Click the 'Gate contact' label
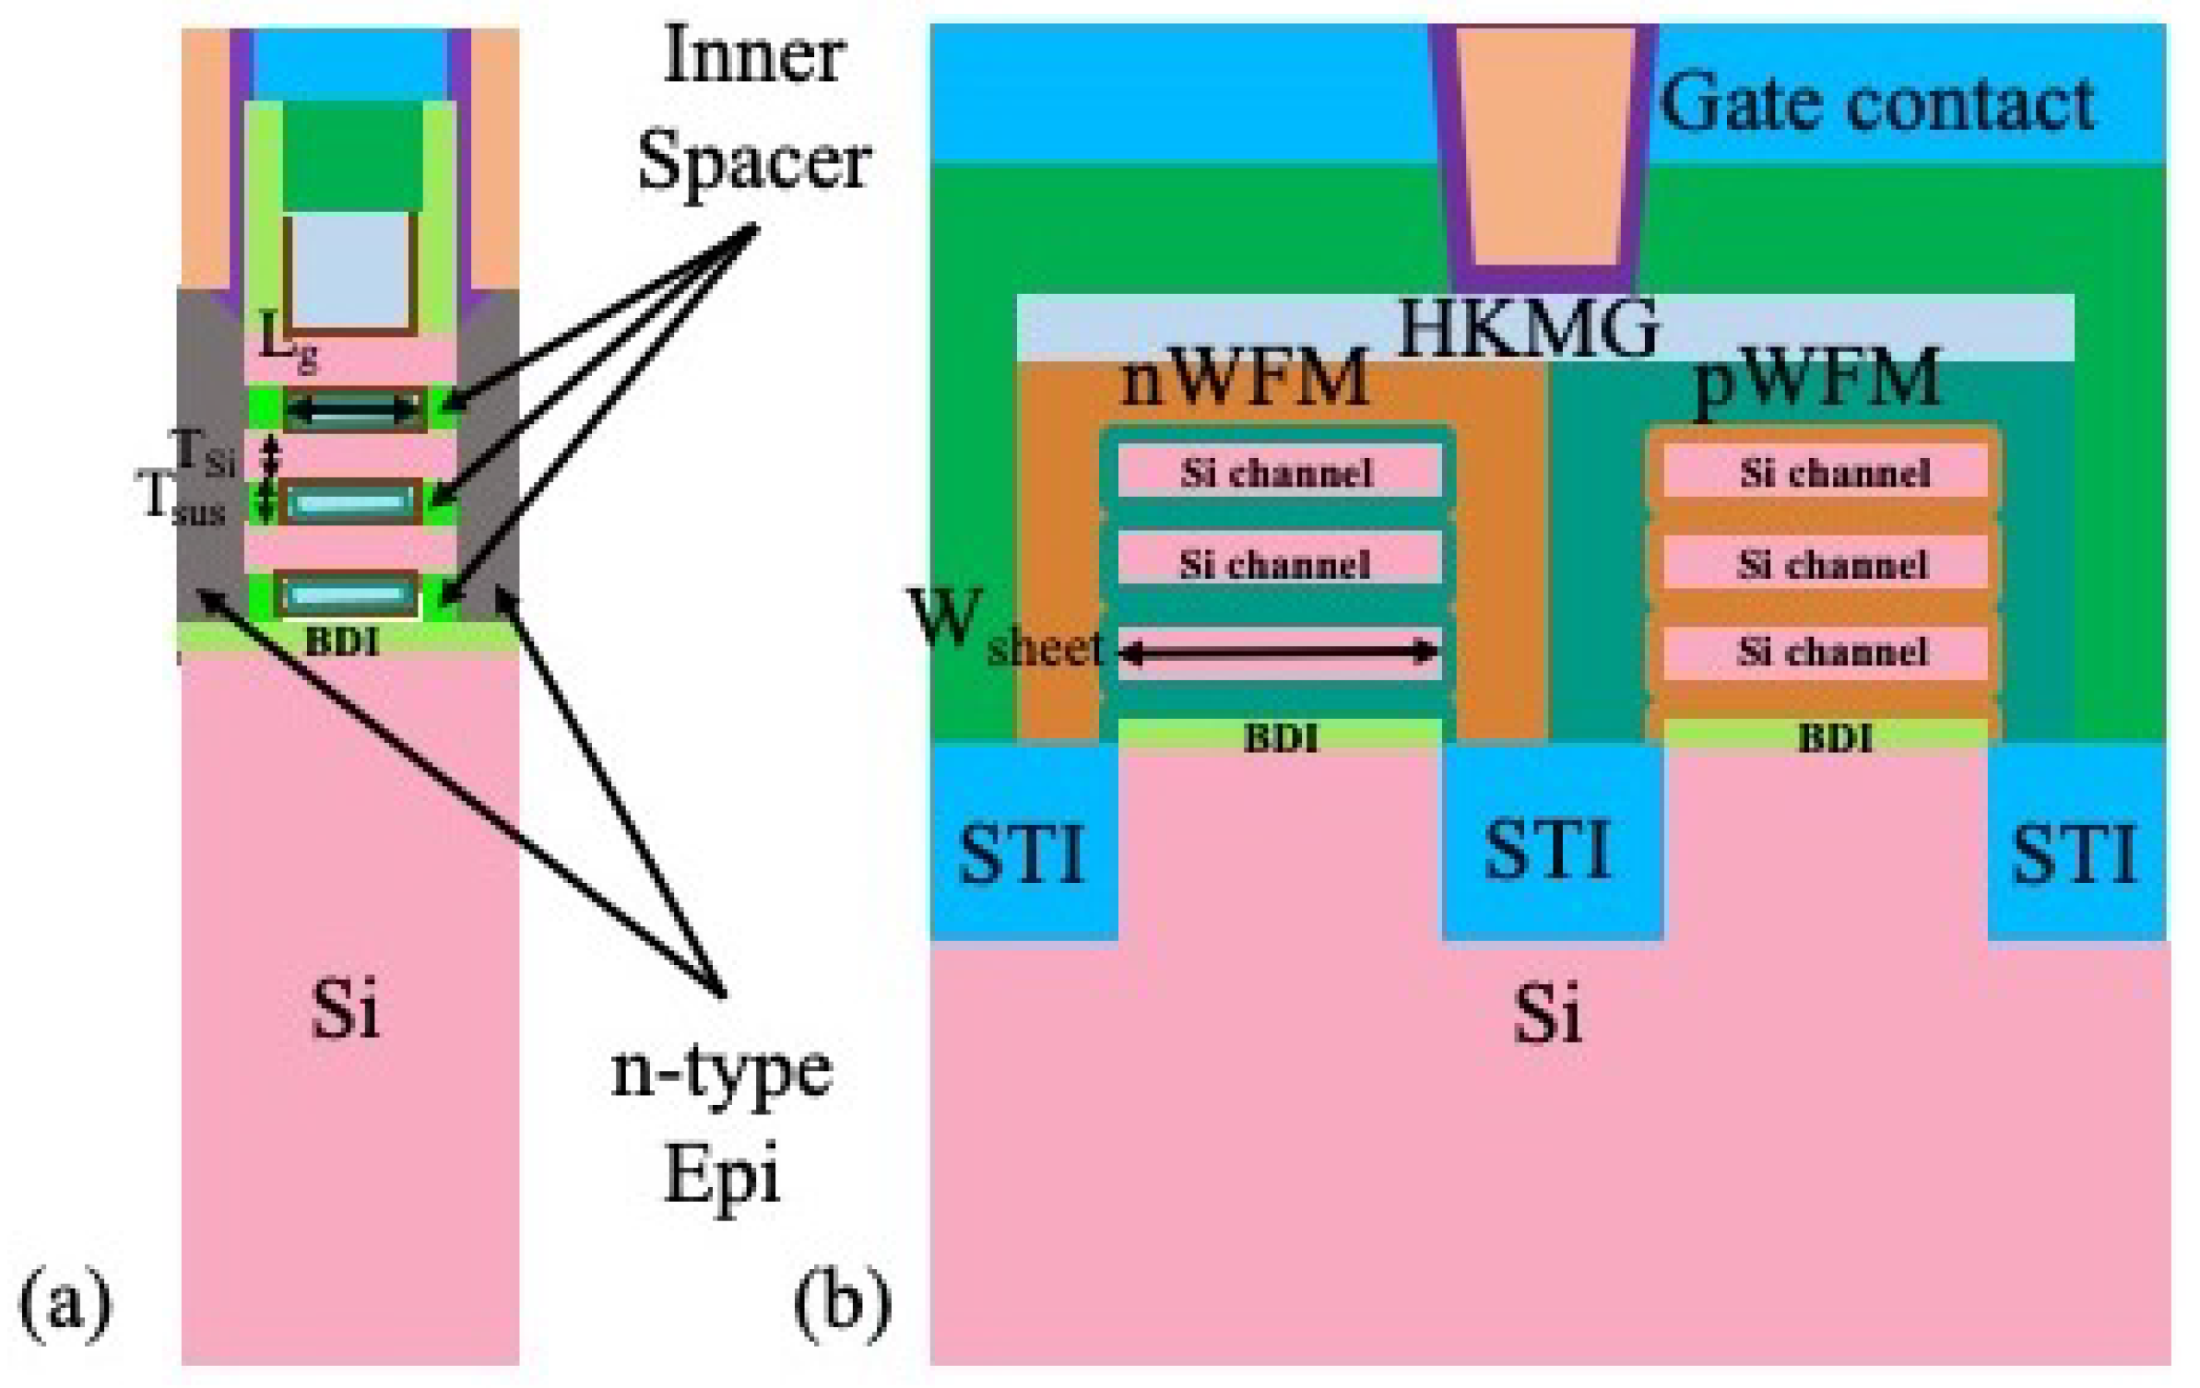[1876, 103]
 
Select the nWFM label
[1244, 378]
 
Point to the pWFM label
[1817, 378]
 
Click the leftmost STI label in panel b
[1022, 853]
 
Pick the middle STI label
[1548, 850]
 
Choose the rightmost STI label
[2074, 853]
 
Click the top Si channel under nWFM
[1277, 473]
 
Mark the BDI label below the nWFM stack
[1280, 737]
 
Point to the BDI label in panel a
[342, 641]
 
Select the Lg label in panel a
[288, 341]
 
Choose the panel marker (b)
[842, 1301]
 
